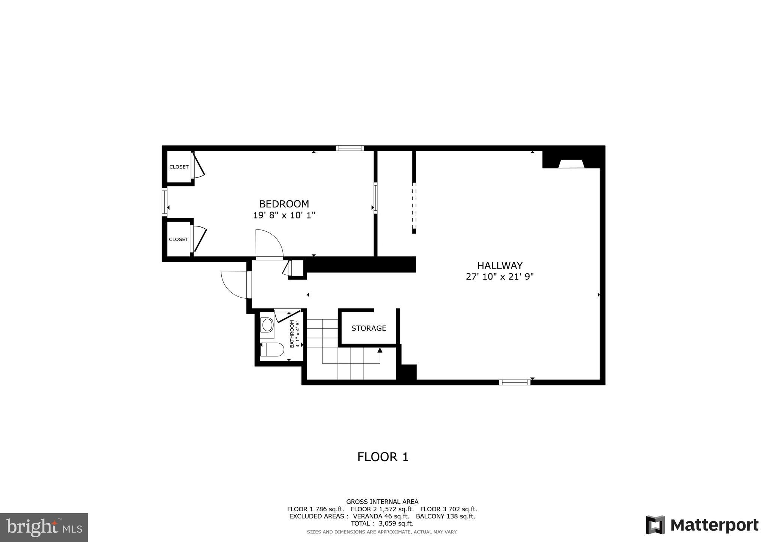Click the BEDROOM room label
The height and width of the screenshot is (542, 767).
[x=284, y=204]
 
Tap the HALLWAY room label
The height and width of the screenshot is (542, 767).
[x=500, y=266]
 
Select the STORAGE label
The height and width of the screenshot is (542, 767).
[x=369, y=328]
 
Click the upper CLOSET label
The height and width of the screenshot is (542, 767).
[x=179, y=167]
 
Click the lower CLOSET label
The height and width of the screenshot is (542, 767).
[x=178, y=240]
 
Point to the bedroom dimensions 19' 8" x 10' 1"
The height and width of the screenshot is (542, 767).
[x=284, y=215]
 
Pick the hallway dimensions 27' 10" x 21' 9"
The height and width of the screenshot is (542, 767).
[x=500, y=277]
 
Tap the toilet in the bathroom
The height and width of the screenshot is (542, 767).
[x=272, y=350]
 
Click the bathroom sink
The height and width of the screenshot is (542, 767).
[x=267, y=325]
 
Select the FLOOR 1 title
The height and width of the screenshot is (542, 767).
[x=383, y=457]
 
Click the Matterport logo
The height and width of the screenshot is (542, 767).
[x=702, y=525]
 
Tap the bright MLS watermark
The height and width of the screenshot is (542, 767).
[x=44, y=527]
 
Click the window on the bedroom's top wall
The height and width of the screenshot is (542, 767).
[x=350, y=148]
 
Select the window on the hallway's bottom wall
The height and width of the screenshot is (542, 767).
[x=515, y=382]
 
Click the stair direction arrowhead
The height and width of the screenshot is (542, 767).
[x=380, y=350]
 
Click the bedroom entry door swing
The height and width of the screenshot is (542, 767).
[x=269, y=244]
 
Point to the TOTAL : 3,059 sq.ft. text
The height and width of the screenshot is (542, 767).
[x=382, y=523]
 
